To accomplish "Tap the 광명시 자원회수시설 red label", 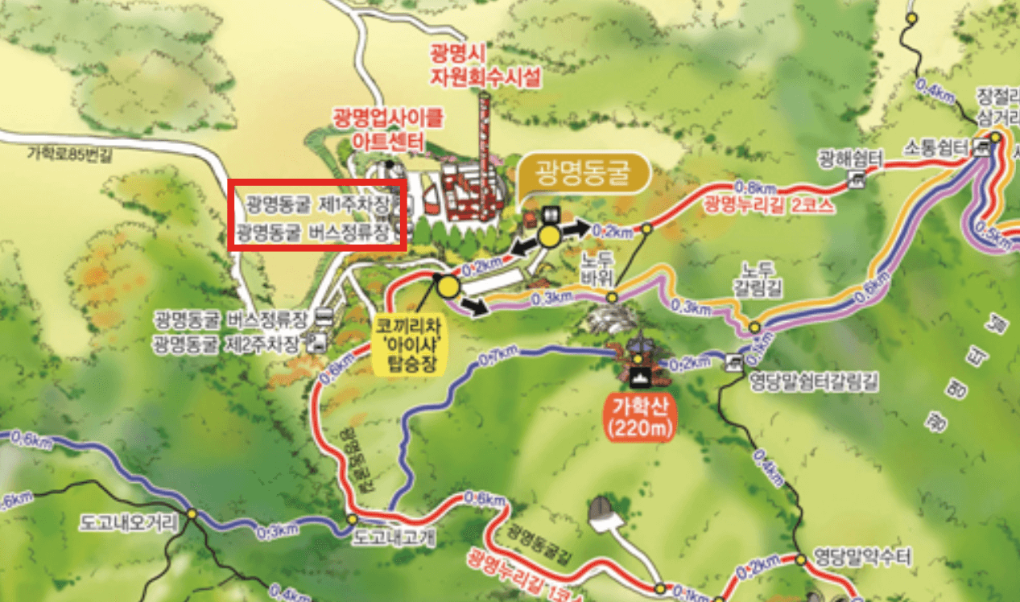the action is coord(485,65).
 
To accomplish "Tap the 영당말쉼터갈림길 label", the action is coord(813,382).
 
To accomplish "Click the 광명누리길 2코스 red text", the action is coord(769,204).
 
